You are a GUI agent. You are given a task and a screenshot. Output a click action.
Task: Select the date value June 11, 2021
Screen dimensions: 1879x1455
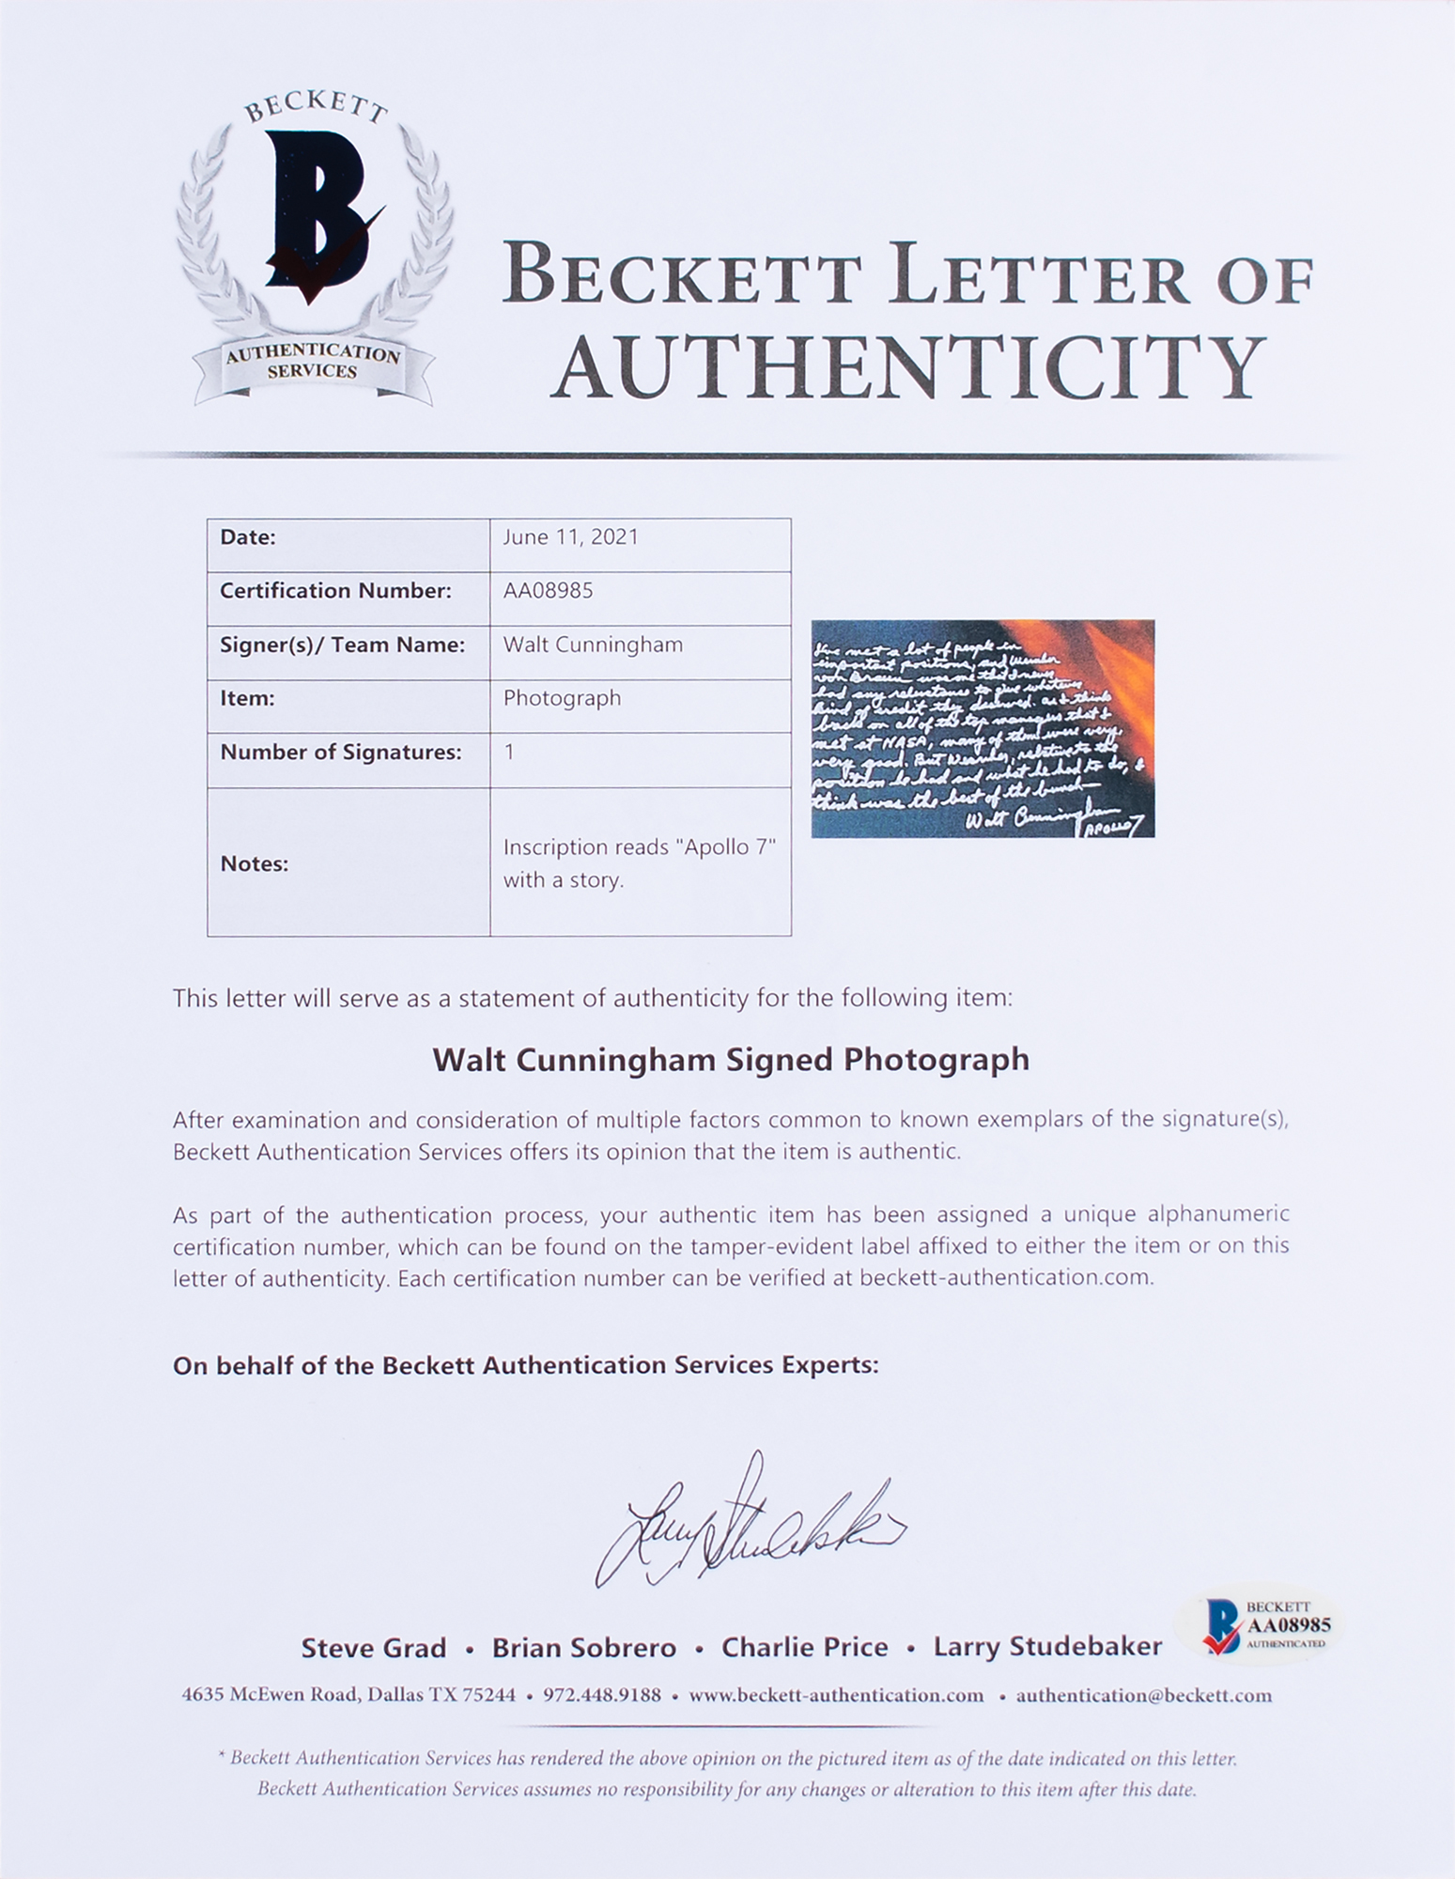pos(570,537)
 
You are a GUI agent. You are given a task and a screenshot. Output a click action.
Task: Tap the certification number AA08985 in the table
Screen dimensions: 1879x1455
pos(548,591)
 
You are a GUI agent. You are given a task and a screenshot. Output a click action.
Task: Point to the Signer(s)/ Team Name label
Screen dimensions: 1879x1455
pos(342,644)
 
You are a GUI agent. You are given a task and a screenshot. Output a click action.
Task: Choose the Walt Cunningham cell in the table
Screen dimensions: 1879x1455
pos(593,644)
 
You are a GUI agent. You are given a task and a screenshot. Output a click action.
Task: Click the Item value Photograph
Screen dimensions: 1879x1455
pos(562,698)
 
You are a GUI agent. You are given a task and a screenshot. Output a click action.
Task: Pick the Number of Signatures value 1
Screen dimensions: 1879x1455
pos(508,752)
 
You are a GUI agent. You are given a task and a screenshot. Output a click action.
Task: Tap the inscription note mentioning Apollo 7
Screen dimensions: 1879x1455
pos(639,863)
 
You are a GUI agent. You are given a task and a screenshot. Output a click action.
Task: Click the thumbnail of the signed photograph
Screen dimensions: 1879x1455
pos(983,728)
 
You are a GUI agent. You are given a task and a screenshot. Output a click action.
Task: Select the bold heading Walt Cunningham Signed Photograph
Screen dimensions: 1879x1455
pos(730,1060)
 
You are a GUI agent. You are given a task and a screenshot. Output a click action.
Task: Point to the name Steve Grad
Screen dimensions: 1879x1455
pos(373,1648)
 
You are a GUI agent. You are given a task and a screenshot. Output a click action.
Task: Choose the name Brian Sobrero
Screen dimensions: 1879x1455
pos(584,1648)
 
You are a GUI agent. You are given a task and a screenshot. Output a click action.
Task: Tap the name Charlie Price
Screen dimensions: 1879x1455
pos(804,1648)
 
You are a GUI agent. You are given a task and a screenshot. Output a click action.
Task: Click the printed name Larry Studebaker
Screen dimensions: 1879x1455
pos(1047,1648)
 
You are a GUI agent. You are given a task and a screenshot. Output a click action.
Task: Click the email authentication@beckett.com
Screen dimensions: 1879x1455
pos(1143,1696)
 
